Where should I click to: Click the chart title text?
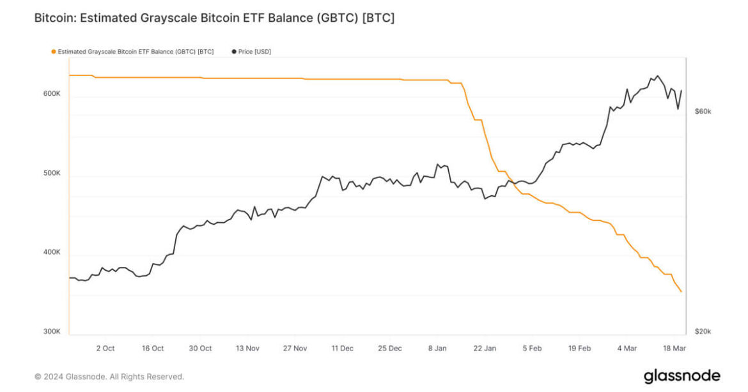[x=214, y=18]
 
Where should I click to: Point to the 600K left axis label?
[x=52, y=94]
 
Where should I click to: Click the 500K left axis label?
[x=52, y=174]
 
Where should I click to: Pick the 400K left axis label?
[x=52, y=253]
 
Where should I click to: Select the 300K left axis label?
[x=52, y=332]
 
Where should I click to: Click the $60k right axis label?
[x=703, y=112]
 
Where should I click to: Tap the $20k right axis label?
[x=703, y=332]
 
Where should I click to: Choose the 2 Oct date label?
[x=105, y=349]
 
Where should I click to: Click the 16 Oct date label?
[x=153, y=349]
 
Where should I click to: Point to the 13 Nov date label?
[x=247, y=349]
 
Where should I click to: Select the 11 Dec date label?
[x=342, y=349]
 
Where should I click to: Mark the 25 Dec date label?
[x=390, y=349]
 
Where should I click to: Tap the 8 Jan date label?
[x=437, y=349]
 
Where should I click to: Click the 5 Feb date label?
[x=532, y=349]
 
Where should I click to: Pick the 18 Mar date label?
[x=675, y=349]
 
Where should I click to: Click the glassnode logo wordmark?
[x=682, y=376]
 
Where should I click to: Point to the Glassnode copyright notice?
[x=109, y=377]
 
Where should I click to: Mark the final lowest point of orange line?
[x=682, y=292]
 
